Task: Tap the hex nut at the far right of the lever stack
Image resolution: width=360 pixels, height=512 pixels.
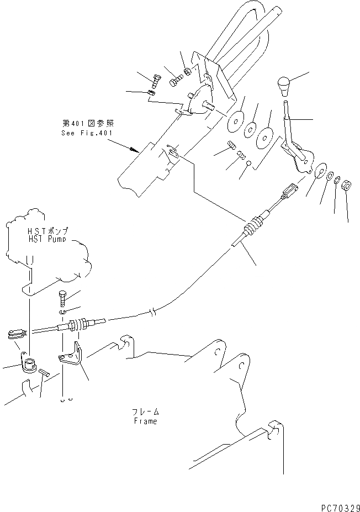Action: click(x=348, y=185)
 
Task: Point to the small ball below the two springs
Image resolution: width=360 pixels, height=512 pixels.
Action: click(x=249, y=163)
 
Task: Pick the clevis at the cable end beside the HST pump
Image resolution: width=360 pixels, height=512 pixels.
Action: click(x=15, y=334)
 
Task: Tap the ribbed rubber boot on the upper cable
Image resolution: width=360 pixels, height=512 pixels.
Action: click(x=255, y=227)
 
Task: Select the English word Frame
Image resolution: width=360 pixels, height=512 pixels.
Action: click(x=145, y=421)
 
